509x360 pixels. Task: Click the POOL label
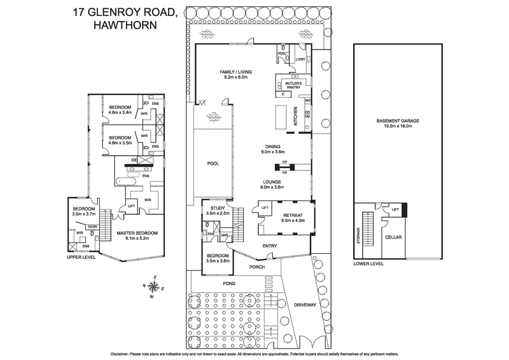(213, 163)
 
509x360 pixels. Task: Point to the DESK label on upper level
(92, 226)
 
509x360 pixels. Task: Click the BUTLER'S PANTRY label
(293, 86)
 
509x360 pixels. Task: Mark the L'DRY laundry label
(302, 60)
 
